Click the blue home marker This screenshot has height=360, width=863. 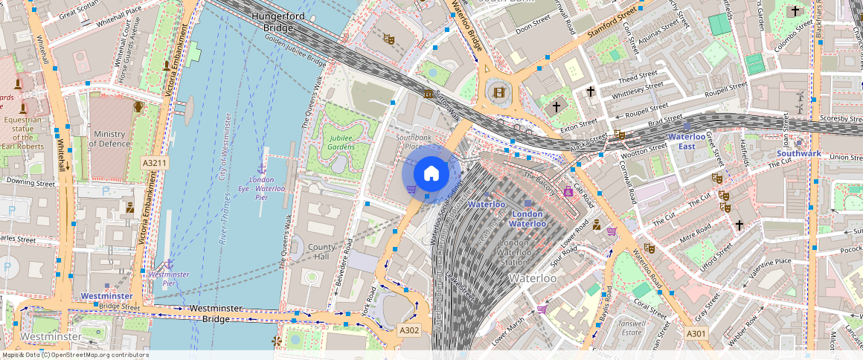(431, 174)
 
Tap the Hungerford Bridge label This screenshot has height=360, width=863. (277, 22)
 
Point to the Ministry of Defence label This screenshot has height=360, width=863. (109, 138)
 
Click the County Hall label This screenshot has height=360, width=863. (321, 251)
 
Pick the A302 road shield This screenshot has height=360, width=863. (409, 330)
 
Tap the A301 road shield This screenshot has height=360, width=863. (696, 333)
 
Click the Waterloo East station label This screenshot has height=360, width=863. (687, 141)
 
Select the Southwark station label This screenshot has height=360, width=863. (798, 153)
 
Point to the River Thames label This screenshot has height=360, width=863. (224, 216)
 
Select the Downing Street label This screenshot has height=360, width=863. (31, 181)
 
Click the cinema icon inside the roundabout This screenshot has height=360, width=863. (498, 93)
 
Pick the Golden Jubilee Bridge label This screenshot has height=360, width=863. (295, 51)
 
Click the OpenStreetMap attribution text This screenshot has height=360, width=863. (74, 355)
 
